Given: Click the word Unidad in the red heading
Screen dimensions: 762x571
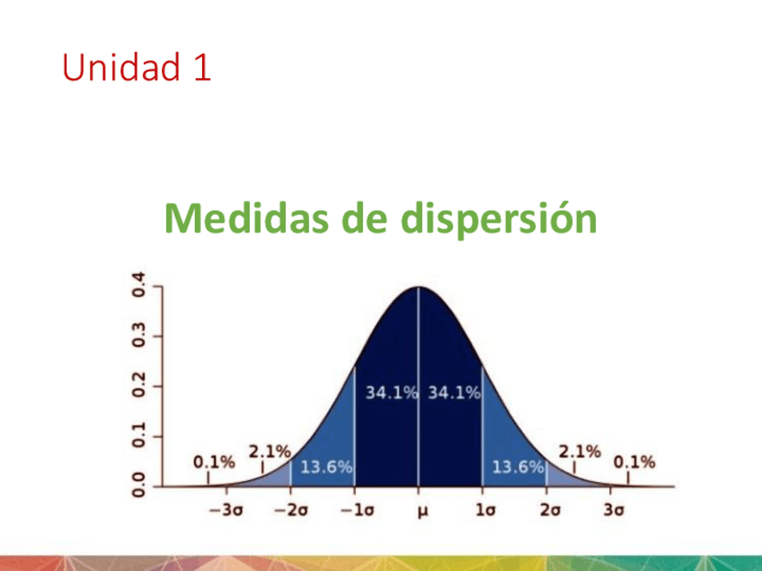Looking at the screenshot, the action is point(121,66).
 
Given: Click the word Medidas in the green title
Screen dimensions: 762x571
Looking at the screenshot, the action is point(246,218).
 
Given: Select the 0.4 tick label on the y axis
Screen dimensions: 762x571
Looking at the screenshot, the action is point(139,285).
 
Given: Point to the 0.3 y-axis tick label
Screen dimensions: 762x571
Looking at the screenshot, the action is point(139,335).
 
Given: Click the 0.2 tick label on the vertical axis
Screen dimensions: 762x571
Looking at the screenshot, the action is point(139,385).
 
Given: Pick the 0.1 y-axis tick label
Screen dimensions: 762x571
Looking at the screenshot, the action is point(139,435).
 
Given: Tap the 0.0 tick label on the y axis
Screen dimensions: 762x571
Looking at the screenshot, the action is point(139,485).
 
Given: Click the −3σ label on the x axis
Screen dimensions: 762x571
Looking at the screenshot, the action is point(226,510).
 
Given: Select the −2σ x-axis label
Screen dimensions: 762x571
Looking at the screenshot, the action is point(291,510).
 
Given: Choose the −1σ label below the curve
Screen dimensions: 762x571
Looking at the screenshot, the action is point(358,510).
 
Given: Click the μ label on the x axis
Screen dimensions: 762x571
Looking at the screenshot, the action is point(423,512).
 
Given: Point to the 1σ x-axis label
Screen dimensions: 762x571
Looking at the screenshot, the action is point(485,510).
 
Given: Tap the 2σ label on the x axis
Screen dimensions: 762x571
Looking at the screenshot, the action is point(550,510).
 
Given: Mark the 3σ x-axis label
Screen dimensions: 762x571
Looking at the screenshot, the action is point(614,510).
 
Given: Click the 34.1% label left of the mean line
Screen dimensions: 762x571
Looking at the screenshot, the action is point(392,392).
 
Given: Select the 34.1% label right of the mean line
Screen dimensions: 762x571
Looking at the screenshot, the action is point(454,392).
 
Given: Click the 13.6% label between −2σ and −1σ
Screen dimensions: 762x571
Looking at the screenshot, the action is point(326,467).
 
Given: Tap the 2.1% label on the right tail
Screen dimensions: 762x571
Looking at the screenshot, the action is point(580,452).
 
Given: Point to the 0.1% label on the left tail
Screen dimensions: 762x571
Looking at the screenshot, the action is point(214,462).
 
